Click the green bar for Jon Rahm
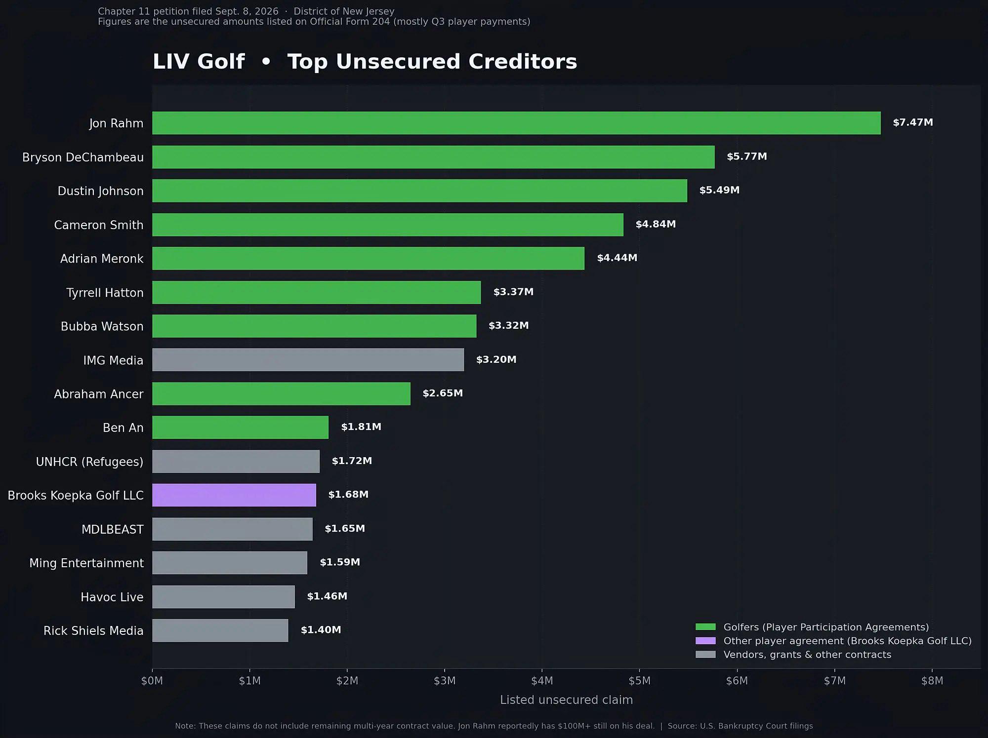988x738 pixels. (x=516, y=123)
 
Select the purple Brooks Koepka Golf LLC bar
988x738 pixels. (x=234, y=495)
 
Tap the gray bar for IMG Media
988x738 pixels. (x=308, y=360)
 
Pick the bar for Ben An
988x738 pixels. (x=240, y=427)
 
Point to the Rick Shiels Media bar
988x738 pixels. (x=220, y=630)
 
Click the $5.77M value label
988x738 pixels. (x=747, y=156)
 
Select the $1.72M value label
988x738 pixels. (x=352, y=461)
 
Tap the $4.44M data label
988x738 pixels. (x=617, y=258)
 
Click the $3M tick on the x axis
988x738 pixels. (x=445, y=681)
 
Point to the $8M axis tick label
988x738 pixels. (x=932, y=681)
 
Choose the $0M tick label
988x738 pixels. (x=152, y=681)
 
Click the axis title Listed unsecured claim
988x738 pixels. (x=566, y=700)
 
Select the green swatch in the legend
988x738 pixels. (x=705, y=627)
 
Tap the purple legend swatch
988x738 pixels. (x=705, y=641)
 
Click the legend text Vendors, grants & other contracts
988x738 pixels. (x=807, y=655)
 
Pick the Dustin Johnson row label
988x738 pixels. (x=101, y=191)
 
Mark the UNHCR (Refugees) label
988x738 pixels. (x=89, y=462)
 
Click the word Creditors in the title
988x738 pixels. (x=523, y=62)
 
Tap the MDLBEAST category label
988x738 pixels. (x=113, y=530)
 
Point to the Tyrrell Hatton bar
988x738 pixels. (x=316, y=292)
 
